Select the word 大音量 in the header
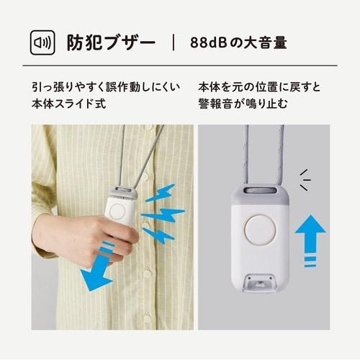[x=267, y=43]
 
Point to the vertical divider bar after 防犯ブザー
[x=174, y=42]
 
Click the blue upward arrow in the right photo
[x=310, y=235]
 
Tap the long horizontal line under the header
[x=180, y=66]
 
